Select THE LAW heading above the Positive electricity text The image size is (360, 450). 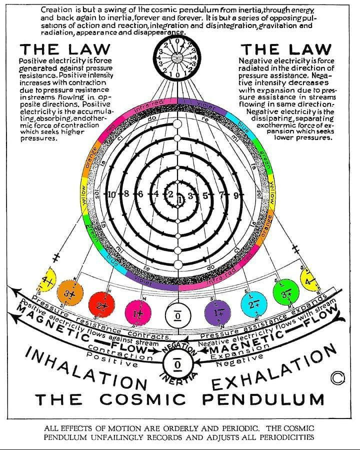(64, 49)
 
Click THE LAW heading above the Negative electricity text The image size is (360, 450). (286, 49)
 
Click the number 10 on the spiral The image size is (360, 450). (111, 194)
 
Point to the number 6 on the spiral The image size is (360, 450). (141, 194)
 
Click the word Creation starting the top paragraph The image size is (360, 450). (56, 9)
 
